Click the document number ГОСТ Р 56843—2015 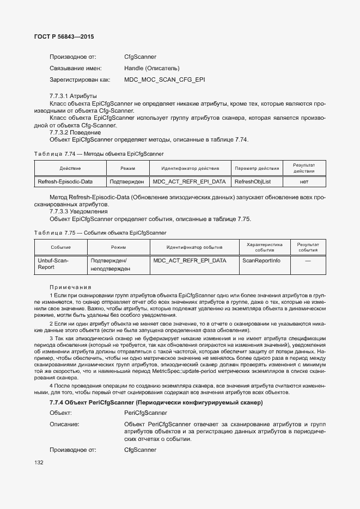click(60, 37)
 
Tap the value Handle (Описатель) click(151, 69)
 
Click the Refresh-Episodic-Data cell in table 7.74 click(65, 181)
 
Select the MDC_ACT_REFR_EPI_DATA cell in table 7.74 click(189, 181)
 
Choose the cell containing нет click(304, 181)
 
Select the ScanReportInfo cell click(261, 261)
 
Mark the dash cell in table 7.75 click(308, 261)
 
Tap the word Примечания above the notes click(70, 287)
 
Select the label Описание click(64, 424)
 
